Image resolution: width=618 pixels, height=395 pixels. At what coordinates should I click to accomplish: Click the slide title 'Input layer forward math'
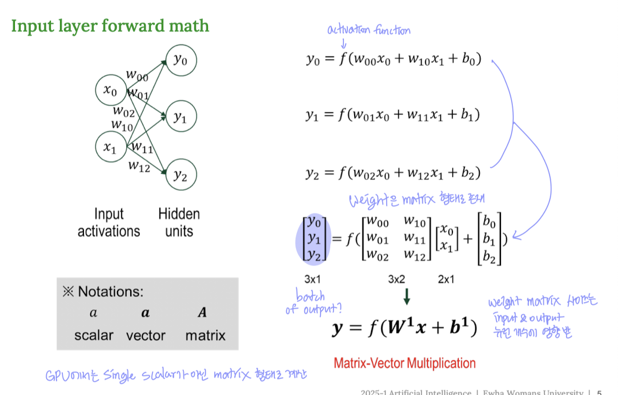point(110,26)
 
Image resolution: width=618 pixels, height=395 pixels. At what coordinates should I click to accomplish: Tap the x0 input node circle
point(110,91)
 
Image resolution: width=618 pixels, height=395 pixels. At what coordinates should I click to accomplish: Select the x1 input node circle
point(110,147)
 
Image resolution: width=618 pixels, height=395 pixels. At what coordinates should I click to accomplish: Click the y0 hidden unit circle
point(180,60)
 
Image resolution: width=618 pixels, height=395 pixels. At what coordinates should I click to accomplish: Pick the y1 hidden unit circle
point(180,118)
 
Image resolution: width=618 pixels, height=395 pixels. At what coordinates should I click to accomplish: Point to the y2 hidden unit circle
point(180,175)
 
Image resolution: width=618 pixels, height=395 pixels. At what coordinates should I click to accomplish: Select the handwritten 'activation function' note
point(368,31)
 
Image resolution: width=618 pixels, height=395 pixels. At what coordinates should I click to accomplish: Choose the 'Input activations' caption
point(109,223)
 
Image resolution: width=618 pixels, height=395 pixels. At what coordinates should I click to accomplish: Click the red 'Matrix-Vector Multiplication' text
point(404,363)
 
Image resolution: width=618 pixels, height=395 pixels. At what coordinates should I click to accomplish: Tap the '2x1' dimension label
point(446,280)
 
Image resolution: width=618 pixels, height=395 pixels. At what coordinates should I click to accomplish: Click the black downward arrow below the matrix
point(406,296)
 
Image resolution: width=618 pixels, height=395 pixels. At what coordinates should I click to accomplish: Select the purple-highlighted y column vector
point(312,239)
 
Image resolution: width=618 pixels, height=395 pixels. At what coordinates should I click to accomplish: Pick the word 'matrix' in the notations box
point(205,336)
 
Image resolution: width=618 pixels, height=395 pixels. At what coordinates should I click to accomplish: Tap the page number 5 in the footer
point(599,392)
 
